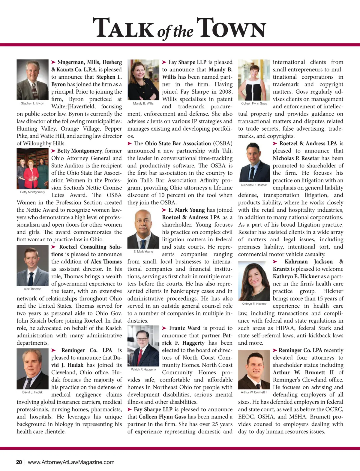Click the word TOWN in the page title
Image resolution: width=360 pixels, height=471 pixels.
coord(232,28)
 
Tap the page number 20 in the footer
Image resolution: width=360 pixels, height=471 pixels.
coord(19,462)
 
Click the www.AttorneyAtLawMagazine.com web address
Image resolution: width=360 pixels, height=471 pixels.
coord(71,462)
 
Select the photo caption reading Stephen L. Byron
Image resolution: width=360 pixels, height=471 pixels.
coord(32,103)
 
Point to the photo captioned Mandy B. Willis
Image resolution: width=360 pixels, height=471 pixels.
coord(143,80)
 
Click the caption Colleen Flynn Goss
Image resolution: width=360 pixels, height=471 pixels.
coord(254,103)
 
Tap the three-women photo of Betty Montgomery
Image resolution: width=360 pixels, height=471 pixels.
coord(32,168)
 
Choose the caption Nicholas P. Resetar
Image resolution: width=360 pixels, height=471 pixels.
coord(254,185)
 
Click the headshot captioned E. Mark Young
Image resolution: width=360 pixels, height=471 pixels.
coord(143,229)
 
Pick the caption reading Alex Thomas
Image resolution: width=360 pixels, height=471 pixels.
coord(32,289)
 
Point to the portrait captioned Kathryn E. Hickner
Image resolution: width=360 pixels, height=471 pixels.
coord(254,281)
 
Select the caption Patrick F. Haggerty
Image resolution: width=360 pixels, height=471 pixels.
coord(143,369)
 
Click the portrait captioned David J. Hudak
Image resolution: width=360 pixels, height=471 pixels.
coord(32,369)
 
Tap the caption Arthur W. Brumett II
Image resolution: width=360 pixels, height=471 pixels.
coord(254,392)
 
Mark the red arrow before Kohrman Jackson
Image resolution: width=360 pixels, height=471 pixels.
coord(275,262)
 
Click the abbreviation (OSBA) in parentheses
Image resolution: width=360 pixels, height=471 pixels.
coord(223,143)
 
